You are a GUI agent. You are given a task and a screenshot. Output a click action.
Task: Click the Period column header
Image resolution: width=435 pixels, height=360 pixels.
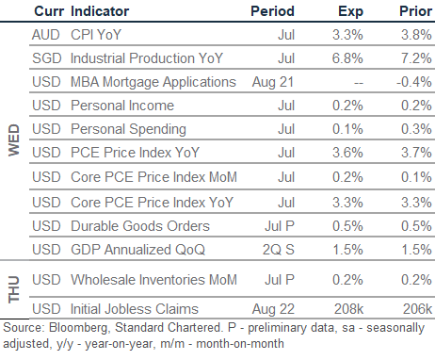pos(272,11)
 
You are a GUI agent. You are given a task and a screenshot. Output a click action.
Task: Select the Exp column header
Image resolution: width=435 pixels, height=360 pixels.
pos(350,12)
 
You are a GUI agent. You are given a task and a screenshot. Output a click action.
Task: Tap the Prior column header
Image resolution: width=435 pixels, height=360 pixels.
pos(415,11)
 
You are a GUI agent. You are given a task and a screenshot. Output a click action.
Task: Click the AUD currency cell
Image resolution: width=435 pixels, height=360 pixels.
pos(46,35)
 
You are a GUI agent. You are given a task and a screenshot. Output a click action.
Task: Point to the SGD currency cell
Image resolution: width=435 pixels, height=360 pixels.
pos(47,58)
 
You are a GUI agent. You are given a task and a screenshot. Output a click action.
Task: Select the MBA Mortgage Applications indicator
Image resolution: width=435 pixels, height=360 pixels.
pos(153,82)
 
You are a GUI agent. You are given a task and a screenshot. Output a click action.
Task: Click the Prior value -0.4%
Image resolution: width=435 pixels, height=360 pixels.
pos(414,82)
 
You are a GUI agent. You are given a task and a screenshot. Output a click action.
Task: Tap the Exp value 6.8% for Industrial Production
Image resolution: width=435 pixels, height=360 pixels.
pos(347,58)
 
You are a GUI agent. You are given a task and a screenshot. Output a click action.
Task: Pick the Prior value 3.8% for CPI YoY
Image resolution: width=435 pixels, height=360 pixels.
pos(416,35)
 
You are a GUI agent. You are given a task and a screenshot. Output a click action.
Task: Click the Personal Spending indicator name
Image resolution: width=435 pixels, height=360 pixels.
pos(128,129)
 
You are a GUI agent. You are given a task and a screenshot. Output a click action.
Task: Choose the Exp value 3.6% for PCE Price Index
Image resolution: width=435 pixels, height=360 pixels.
pos(347,153)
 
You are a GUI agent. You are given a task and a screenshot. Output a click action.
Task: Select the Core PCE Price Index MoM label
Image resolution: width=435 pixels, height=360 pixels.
pos(153,177)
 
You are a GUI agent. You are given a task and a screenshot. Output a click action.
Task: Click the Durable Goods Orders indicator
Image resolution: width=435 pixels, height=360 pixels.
pos(140,226)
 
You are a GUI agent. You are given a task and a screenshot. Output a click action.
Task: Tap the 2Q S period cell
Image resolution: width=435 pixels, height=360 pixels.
pos(279,250)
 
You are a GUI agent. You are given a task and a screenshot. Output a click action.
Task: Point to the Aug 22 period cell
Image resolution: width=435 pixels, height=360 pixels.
pos(273,309)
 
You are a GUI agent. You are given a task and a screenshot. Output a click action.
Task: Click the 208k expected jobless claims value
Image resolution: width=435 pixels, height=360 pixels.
pos(348,309)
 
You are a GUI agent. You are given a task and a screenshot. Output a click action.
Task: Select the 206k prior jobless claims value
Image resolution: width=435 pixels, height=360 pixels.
pos(417,309)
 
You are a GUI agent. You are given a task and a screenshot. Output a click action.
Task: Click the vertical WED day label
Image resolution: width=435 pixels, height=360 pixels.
pos(14,140)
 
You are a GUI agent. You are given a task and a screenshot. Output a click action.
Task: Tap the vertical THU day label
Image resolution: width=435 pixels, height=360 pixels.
pos(14,289)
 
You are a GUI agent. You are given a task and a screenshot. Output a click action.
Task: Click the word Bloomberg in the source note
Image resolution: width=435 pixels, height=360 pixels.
pos(79,328)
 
